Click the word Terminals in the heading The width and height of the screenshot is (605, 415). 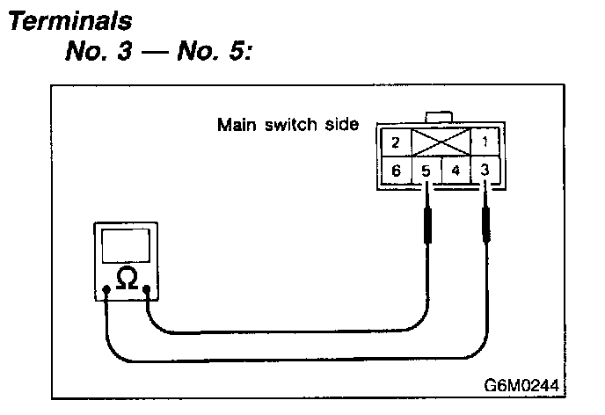click(61, 19)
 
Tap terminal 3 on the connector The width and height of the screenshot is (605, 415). click(485, 170)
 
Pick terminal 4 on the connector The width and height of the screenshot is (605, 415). click(456, 171)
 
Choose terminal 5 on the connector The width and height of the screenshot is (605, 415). click(426, 171)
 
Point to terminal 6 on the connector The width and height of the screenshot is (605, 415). click(397, 171)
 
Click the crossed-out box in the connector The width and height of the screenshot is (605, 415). click(441, 142)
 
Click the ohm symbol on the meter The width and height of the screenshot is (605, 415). click(127, 278)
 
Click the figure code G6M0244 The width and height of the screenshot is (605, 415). click(519, 385)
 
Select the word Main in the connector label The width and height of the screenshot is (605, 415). click(232, 124)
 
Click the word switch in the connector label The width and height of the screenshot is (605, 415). click(285, 124)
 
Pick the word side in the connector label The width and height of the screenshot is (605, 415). click(339, 124)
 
